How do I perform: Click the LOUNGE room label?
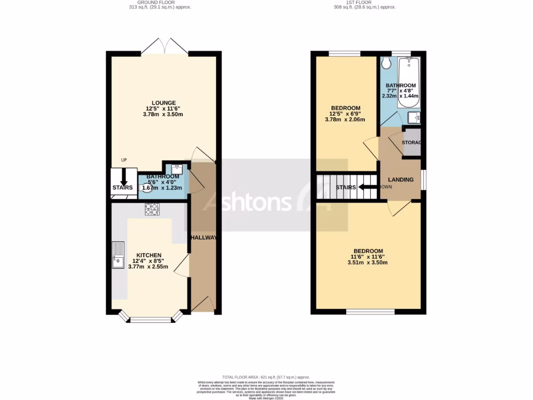coord(163,103)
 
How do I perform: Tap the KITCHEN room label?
coord(149,255)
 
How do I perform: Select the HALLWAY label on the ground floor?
coord(203,238)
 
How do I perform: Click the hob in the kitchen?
coord(152,209)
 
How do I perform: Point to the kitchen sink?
coord(118,255)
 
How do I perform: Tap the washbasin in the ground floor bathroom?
coord(176,168)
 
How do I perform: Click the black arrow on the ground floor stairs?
coord(124,179)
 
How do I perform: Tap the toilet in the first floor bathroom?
coord(386,63)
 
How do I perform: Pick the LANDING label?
coord(401,180)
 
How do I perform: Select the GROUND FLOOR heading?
coord(163,3)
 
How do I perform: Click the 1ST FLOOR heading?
coord(365,3)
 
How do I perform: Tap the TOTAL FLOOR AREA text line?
coord(266,377)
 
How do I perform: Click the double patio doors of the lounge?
coord(164,48)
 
